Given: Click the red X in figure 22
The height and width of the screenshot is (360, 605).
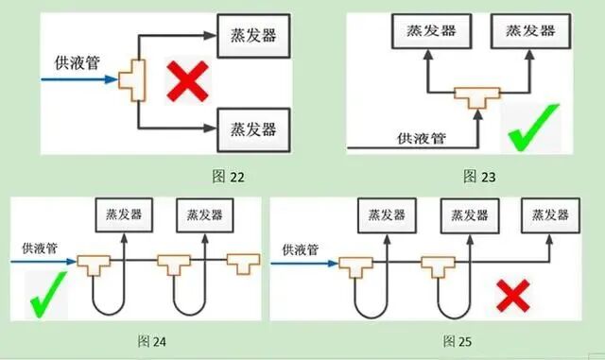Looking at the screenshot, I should point(186,83).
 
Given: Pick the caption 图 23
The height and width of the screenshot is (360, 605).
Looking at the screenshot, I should point(479,176).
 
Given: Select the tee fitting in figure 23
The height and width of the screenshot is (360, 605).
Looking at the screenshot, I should point(475,98).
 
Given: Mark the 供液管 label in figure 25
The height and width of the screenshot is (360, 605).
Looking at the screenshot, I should point(299,250).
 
